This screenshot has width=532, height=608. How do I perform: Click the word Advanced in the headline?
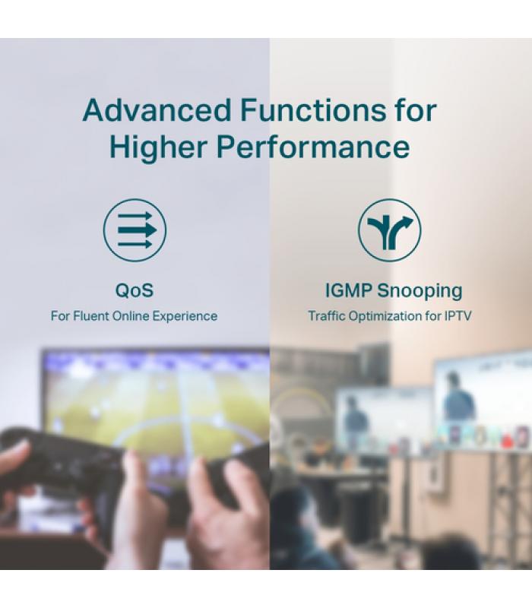[157, 110]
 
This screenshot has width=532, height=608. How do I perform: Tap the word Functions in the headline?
[313, 110]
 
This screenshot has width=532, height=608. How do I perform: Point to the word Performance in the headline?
[313, 147]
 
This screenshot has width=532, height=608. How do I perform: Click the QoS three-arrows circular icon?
[135, 230]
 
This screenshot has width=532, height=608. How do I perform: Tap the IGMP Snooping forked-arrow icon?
[389, 230]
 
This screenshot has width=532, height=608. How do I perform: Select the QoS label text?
[135, 290]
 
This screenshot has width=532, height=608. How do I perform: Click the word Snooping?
[420, 291]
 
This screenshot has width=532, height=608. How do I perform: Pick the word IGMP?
[349, 290]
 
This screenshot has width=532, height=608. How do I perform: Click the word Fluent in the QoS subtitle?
[91, 316]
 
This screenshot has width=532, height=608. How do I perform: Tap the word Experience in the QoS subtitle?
[185, 316]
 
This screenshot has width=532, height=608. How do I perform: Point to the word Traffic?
[327, 316]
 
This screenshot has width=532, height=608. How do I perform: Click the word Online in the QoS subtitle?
[131, 316]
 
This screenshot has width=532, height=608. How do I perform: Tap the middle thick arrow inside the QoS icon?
[138, 230]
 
